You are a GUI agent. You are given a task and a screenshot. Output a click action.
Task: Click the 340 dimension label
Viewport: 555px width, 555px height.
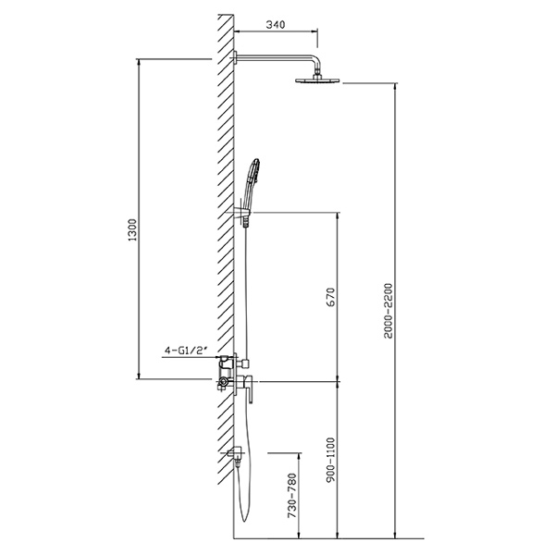pyautogui.click(x=275, y=24)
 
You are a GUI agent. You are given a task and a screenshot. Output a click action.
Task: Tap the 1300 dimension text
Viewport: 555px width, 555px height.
pyautogui.click(x=132, y=229)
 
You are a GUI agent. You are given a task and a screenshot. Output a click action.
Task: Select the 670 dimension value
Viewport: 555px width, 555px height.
pyautogui.click(x=330, y=297)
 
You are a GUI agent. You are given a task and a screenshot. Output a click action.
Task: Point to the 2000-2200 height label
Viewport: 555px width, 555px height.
pyautogui.click(x=388, y=311)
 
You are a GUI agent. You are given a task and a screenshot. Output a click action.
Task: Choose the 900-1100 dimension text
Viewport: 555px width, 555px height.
pyautogui.click(x=330, y=460)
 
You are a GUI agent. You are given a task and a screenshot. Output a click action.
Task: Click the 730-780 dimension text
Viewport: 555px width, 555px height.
pyautogui.click(x=292, y=495)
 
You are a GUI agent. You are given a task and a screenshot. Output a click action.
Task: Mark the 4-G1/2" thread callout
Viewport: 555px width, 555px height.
pyautogui.click(x=185, y=350)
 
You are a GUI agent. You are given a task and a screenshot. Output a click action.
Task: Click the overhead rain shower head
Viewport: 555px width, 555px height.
pyautogui.click(x=317, y=80)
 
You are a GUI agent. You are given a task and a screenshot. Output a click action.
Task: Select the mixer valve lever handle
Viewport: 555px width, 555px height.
pyautogui.click(x=251, y=389)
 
